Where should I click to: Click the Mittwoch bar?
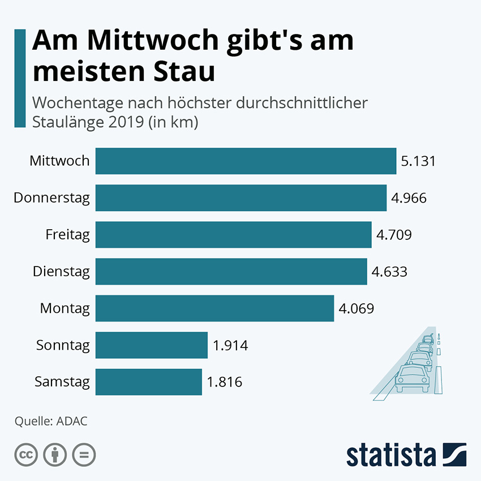pos(246,161)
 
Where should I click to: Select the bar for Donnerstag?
pos(240,197)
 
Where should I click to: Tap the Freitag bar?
pos(233,234)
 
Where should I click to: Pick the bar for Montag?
pos(214,308)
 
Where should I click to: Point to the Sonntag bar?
pos(152,345)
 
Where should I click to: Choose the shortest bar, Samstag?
pos(148,381)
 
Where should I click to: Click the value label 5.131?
pos(418,161)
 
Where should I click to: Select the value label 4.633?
pos(389,272)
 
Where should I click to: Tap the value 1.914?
pos(230,345)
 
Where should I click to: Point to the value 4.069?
pos(357,308)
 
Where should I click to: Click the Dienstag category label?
pos(61,272)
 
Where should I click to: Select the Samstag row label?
pos(62,382)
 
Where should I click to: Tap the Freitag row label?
pos(68,234)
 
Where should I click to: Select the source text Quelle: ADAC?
pos(51,421)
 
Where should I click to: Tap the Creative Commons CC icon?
pos(25,454)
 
